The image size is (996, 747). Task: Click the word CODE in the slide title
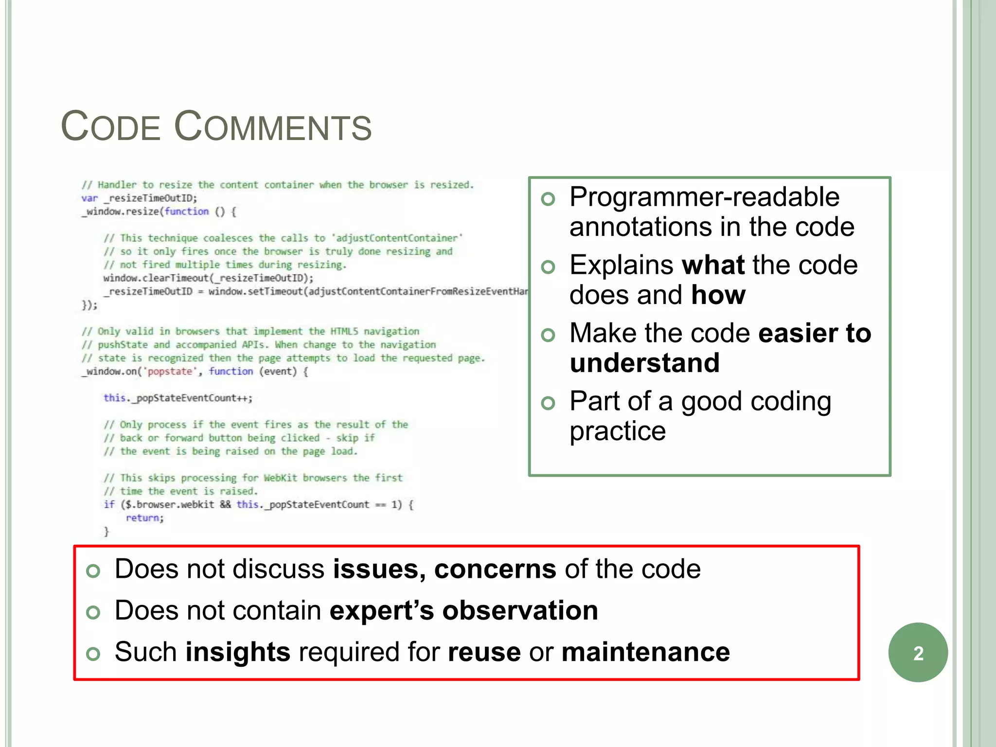point(111,127)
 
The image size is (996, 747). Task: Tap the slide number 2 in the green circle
point(918,653)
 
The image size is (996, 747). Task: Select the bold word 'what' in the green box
point(713,265)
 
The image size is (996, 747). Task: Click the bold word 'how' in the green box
point(718,295)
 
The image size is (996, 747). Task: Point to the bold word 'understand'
point(644,363)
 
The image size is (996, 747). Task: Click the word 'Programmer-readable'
point(704,197)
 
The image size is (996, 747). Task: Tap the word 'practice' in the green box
point(617,431)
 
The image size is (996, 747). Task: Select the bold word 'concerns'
point(495,569)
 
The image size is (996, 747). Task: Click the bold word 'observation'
point(520,610)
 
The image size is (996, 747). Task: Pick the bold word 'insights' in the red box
point(238,652)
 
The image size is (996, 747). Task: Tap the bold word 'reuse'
point(484,652)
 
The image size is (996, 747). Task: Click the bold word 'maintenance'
point(645,652)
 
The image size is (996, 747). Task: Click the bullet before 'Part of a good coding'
point(548,403)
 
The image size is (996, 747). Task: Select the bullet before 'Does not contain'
point(93,612)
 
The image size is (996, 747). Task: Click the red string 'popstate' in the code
point(170,372)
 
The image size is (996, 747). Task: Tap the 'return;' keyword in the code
point(144,518)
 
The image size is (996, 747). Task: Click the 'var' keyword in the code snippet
point(89,198)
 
